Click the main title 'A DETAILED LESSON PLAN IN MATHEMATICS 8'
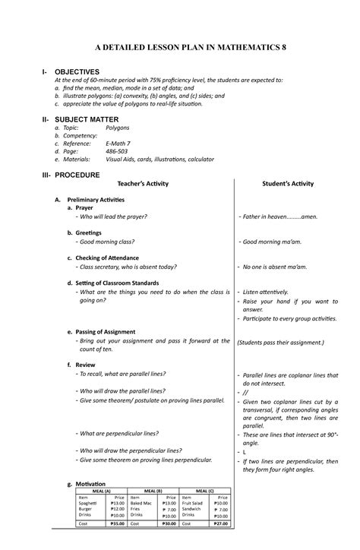[x=179, y=48]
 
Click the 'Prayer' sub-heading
[x=84, y=207]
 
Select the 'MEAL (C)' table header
[x=203, y=491]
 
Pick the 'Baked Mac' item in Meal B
[x=142, y=503]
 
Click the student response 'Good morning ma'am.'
[x=274, y=242]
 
